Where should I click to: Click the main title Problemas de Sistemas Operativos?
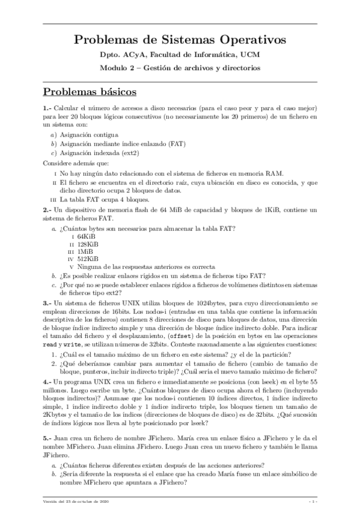(180, 40)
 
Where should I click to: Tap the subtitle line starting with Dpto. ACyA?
(180, 56)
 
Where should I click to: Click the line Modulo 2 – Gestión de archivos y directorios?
(180, 68)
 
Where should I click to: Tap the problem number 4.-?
(47, 381)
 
